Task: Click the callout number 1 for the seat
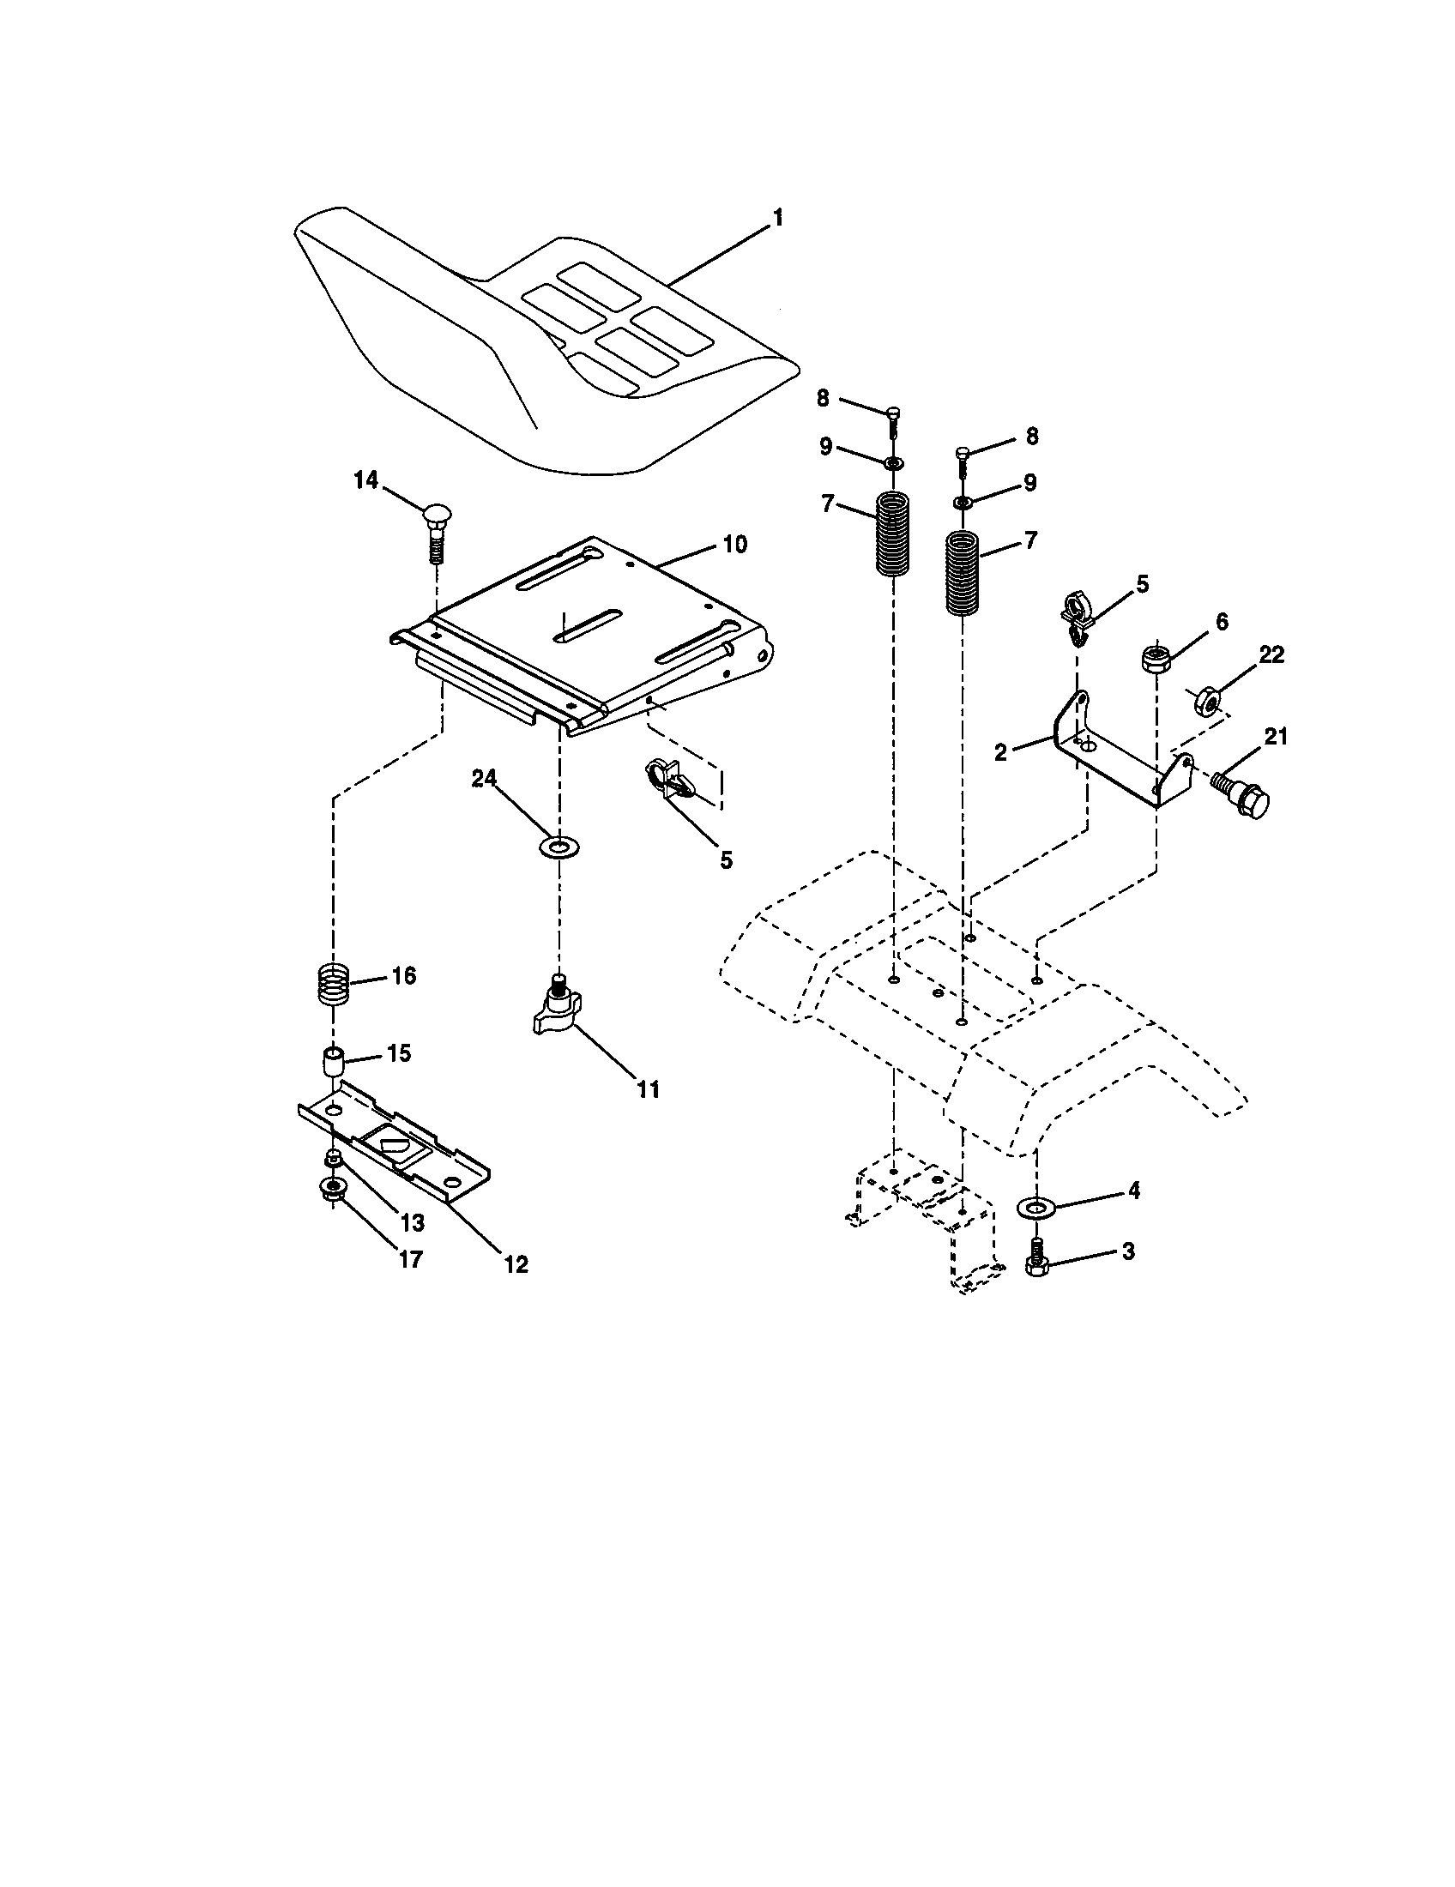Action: [x=777, y=218]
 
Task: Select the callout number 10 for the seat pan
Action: [x=735, y=545]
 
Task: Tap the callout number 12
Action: [x=515, y=1264]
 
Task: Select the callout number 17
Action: [x=410, y=1260]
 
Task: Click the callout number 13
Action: [x=412, y=1222]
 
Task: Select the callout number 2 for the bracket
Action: [x=1000, y=751]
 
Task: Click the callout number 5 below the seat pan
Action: [x=726, y=859]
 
